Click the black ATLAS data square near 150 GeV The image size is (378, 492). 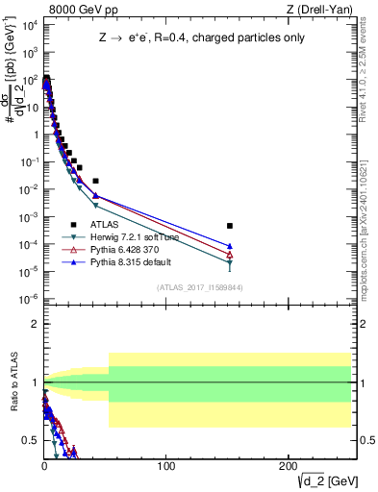(x=229, y=226)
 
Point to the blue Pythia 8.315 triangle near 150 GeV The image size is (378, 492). (x=229, y=246)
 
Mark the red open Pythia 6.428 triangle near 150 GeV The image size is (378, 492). (x=229, y=255)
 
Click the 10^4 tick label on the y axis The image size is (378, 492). (x=26, y=26)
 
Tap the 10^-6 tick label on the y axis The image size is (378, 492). (x=26, y=299)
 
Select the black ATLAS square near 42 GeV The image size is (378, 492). (x=95, y=181)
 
